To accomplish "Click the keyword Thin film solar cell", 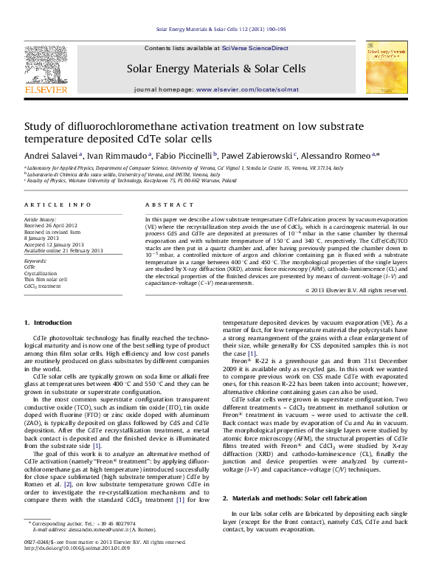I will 46,280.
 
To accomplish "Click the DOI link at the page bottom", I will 77,569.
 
